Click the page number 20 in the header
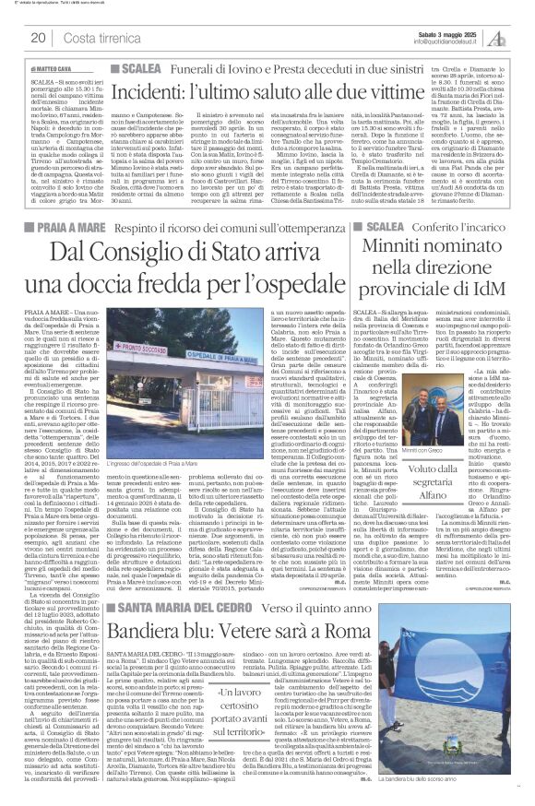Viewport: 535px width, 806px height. pyautogui.click(x=39, y=38)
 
